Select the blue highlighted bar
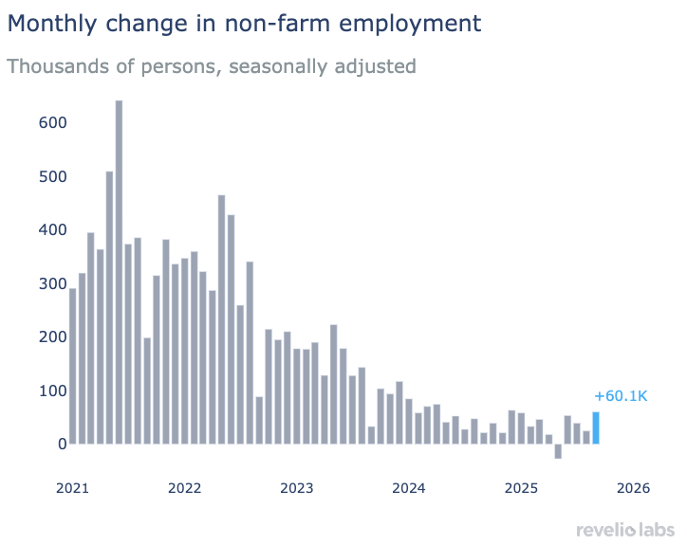point(596,427)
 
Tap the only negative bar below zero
point(558,451)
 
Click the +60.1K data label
point(620,396)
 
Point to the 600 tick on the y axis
point(52,123)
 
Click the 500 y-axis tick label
point(52,176)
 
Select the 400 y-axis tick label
point(52,229)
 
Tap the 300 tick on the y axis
point(52,283)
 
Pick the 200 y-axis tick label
point(52,336)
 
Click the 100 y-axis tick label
point(52,391)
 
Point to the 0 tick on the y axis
point(62,444)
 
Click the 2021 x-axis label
point(72,488)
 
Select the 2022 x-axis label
point(184,488)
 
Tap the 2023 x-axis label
point(296,488)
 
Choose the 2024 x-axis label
point(408,488)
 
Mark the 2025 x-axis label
point(520,488)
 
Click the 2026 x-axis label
point(632,488)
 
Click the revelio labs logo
point(624,528)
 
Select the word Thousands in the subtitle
point(56,66)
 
